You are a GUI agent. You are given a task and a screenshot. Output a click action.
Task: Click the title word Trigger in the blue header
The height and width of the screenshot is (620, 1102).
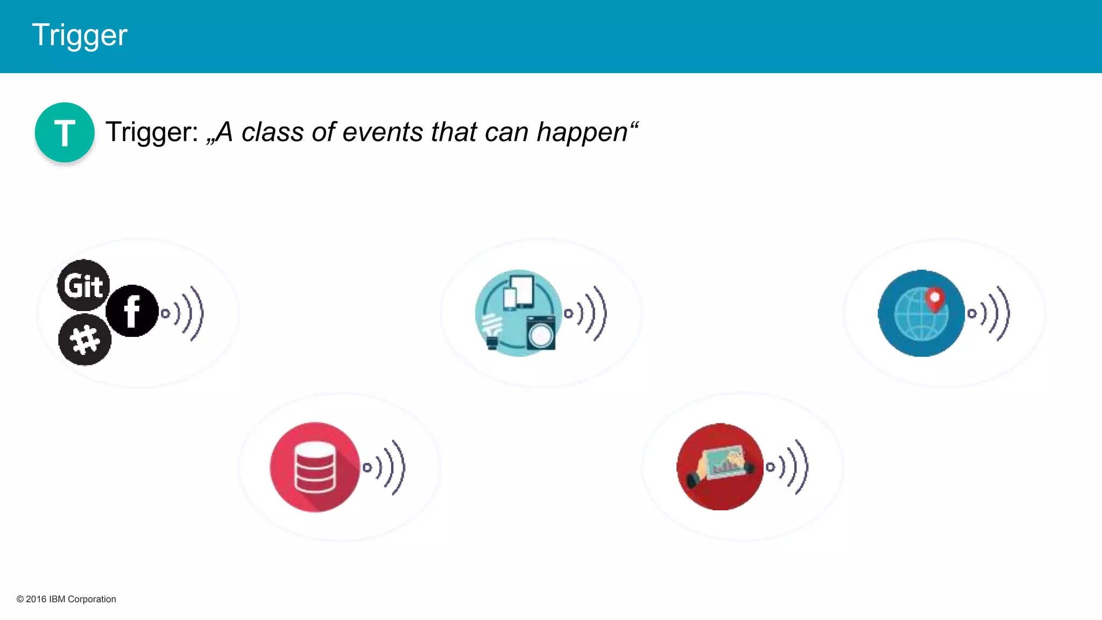[x=80, y=36]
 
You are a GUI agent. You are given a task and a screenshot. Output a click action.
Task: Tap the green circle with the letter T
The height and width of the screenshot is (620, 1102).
[x=65, y=132]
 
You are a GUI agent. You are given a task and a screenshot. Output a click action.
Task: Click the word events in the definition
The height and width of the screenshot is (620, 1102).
[x=383, y=132]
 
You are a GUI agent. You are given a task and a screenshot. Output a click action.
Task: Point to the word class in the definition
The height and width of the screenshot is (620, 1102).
[x=272, y=132]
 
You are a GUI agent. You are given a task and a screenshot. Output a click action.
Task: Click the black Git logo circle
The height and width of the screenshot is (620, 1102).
[x=83, y=285]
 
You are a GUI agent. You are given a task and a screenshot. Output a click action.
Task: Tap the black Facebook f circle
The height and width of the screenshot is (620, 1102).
[x=132, y=311]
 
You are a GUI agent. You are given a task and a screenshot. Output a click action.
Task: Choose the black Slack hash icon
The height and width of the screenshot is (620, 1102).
[x=85, y=340]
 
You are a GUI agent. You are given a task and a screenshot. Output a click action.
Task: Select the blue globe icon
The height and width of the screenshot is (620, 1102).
[x=921, y=313]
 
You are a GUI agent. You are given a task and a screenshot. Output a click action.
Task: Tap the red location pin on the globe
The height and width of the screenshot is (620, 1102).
[x=935, y=299]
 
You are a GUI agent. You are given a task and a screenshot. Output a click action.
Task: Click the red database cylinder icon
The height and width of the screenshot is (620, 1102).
[x=315, y=467]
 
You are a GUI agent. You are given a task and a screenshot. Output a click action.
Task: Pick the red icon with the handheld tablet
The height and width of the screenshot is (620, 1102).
[x=720, y=467]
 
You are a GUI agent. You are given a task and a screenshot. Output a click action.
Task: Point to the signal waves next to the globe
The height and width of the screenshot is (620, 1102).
[x=990, y=313]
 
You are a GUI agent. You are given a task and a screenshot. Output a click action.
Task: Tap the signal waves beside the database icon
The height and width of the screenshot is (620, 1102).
[x=385, y=467]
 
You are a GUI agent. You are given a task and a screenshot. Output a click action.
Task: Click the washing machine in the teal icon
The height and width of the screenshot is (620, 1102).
[x=540, y=334]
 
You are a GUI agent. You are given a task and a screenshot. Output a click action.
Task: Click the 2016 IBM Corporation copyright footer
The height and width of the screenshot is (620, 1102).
[x=67, y=599]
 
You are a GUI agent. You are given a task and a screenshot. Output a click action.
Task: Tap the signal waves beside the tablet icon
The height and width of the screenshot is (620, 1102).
[x=788, y=467]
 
